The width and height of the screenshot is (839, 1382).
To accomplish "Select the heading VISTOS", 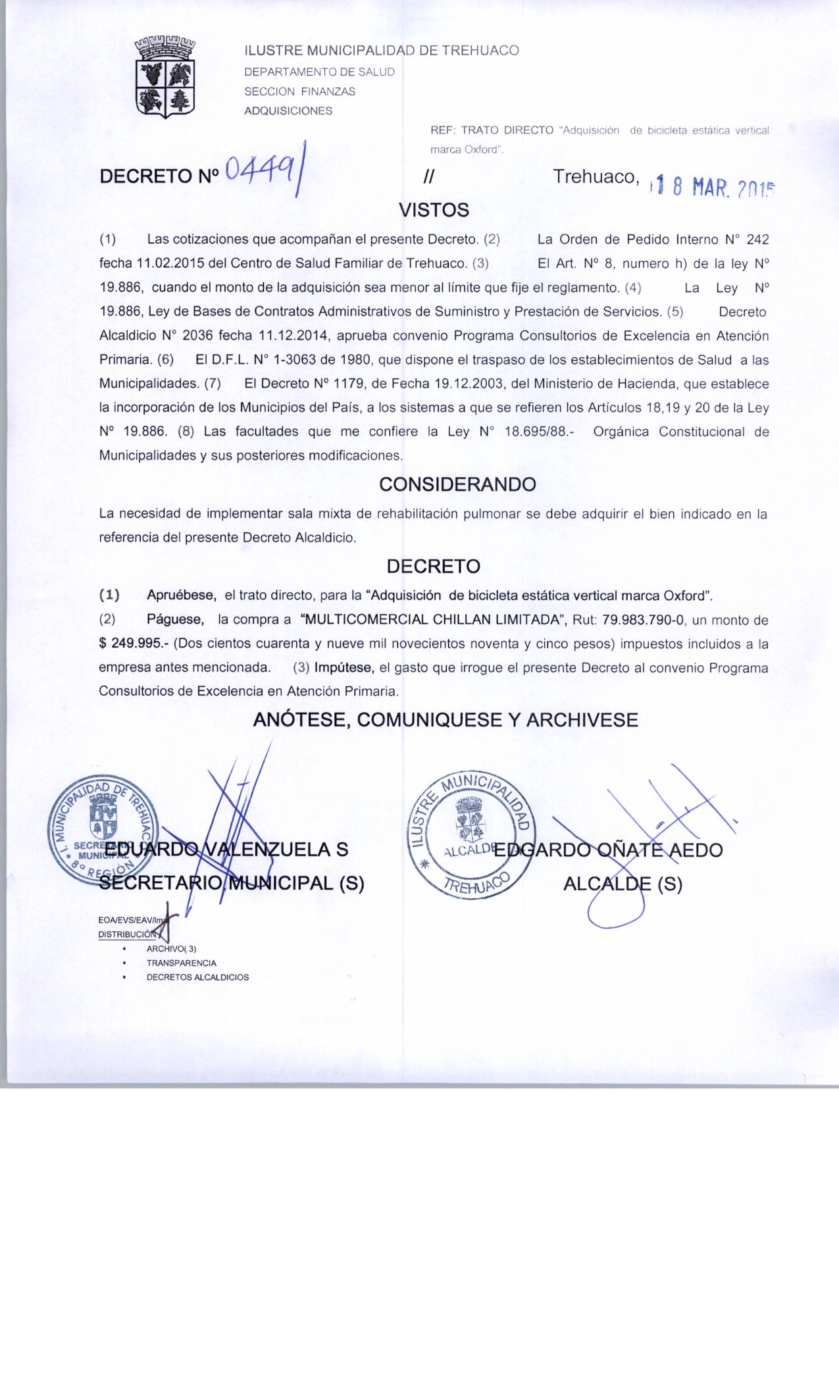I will tap(434, 210).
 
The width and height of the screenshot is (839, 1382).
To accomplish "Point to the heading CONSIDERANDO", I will tap(458, 484).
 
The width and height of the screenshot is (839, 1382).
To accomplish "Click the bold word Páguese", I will tap(176, 620).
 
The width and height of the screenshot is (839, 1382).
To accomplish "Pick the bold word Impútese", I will tap(345, 668).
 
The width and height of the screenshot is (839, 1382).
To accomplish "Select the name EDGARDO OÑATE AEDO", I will tap(608, 850).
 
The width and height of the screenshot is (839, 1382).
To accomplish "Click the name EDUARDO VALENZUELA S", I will tap(226, 850).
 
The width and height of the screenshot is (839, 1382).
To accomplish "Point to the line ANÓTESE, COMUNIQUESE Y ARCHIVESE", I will tap(445, 719).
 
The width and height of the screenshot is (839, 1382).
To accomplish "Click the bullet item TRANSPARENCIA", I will tap(182, 963).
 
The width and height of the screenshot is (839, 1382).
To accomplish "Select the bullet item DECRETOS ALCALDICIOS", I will tap(197, 977).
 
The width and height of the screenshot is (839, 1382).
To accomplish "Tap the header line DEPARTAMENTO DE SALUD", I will tap(319, 72).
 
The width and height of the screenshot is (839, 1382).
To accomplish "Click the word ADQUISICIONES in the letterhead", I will tap(288, 111).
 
